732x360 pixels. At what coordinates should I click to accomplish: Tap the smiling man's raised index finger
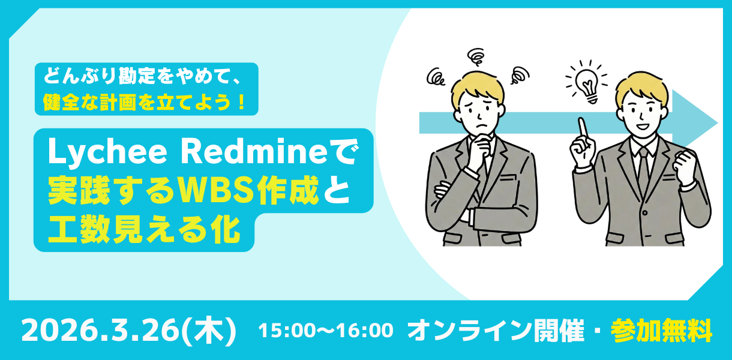(581, 127)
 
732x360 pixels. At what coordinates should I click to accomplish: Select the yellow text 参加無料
(661, 330)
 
